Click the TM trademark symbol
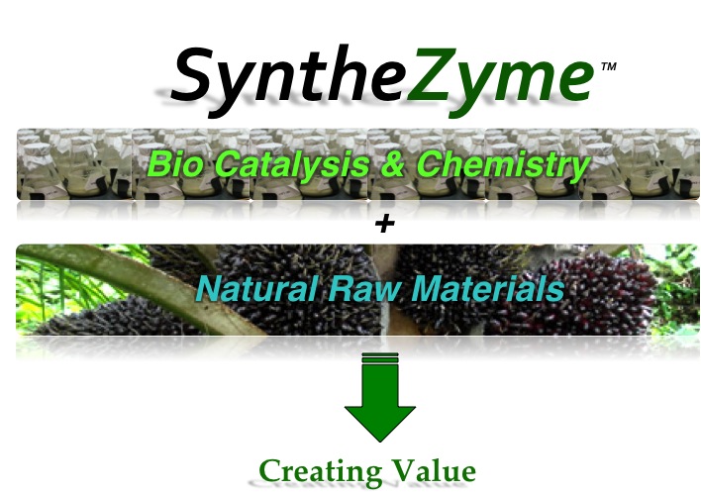609,66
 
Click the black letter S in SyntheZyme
196,74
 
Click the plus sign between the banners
385,224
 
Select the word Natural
257,288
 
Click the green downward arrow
380,397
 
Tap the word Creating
321,471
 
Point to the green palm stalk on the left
134,286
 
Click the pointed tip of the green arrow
380,442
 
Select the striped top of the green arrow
380,356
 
